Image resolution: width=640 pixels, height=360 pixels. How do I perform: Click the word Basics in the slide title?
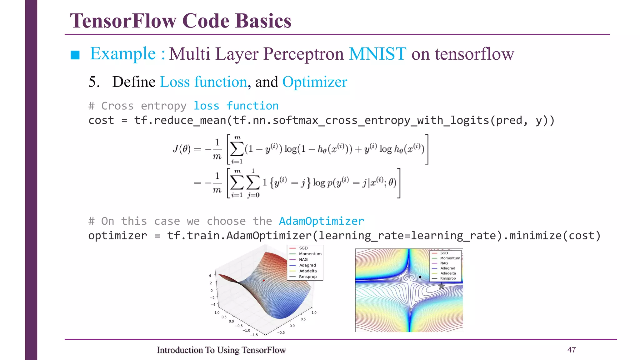point(263,21)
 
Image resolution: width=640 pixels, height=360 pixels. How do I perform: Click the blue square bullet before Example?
point(75,55)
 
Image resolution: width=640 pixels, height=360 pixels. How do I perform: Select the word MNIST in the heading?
point(377,54)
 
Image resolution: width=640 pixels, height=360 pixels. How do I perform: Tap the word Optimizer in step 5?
point(314,82)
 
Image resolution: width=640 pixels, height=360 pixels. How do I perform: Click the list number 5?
point(94,82)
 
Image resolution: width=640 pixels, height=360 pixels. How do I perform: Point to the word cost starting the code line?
point(101,120)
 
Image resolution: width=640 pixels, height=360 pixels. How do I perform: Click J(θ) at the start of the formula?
point(182,149)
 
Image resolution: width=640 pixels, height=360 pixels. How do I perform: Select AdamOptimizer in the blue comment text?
point(321,221)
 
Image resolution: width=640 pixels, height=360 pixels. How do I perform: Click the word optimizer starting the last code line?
point(117,236)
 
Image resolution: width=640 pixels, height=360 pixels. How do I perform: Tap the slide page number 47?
point(571,350)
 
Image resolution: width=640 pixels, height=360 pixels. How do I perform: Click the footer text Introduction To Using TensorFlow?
point(221,350)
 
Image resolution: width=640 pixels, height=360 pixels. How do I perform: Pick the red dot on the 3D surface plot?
point(264,281)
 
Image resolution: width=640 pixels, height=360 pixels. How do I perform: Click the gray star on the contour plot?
point(441,286)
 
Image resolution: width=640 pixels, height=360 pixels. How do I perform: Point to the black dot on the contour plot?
point(420,277)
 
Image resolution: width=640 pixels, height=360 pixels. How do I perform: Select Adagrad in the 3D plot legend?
point(307,265)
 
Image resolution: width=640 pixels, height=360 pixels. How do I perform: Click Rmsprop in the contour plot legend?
point(448,278)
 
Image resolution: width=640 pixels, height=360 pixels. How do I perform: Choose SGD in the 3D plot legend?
point(303,248)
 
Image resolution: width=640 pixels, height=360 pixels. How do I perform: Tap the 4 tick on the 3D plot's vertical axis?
point(210,276)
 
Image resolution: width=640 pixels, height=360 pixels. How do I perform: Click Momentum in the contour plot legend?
point(450,258)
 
